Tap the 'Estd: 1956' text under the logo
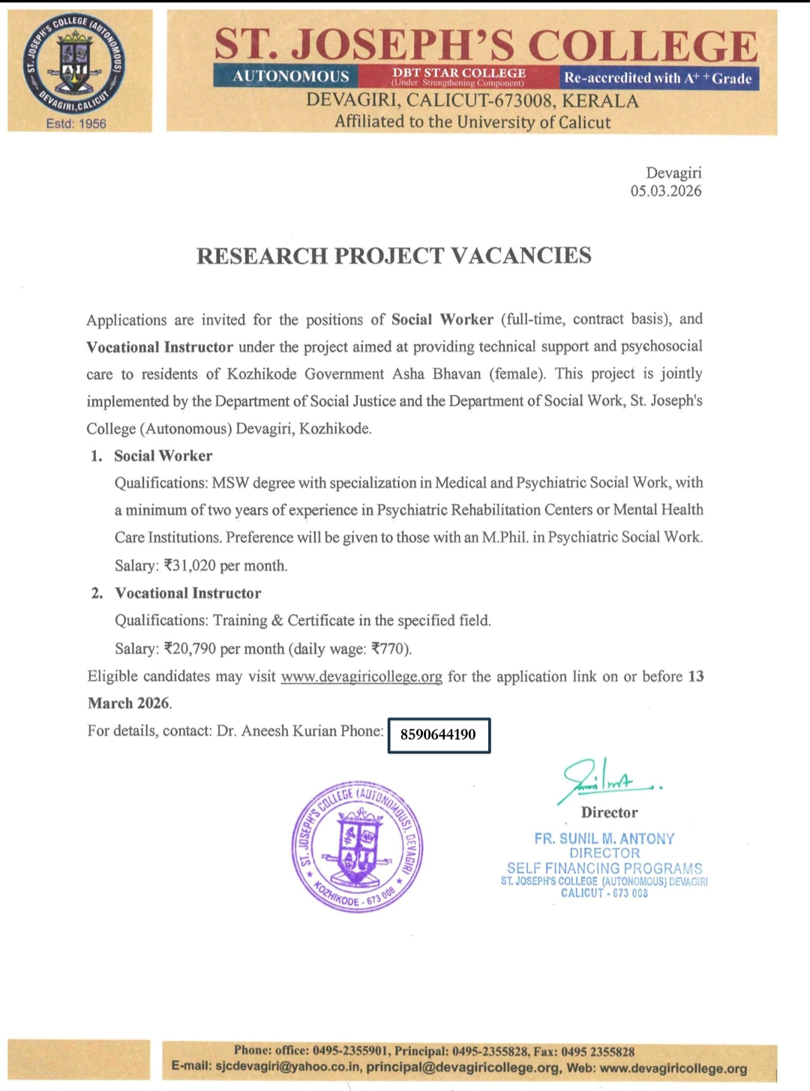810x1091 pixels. (76, 124)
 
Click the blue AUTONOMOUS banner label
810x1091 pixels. (290, 76)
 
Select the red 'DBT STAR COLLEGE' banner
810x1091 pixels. (459, 76)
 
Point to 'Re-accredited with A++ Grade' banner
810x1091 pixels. (658, 78)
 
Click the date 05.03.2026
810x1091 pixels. (666, 191)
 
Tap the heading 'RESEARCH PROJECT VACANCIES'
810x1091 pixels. (394, 256)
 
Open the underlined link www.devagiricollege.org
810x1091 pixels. (361, 676)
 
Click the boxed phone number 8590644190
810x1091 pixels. (438, 735)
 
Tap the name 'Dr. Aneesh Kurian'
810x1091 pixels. (275, 731)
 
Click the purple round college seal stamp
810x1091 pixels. (357, 847)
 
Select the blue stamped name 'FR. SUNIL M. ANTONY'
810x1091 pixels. (604, 839)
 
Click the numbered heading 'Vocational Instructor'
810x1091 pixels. (188, 593)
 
